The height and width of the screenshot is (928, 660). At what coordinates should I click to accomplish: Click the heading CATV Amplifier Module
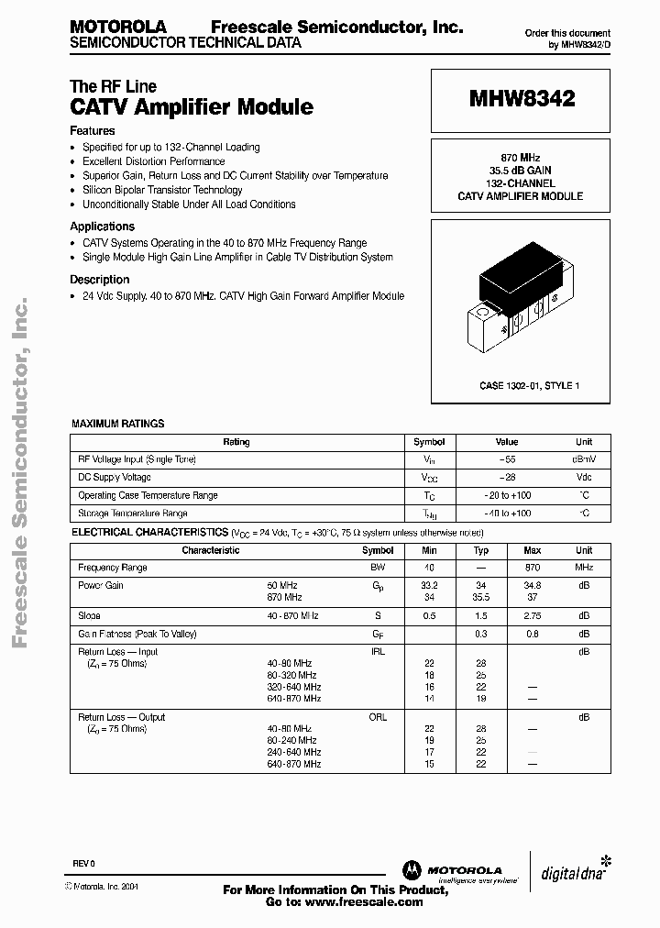192,107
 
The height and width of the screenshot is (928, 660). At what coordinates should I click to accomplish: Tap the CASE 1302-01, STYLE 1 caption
529,386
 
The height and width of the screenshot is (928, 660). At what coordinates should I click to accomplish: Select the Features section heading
93,131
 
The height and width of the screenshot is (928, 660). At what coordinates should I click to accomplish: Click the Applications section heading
102,226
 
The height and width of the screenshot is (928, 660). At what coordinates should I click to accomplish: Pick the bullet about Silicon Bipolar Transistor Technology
162,190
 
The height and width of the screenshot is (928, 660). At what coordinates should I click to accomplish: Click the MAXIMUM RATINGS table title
118,424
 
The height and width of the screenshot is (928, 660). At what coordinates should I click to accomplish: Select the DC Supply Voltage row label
115,478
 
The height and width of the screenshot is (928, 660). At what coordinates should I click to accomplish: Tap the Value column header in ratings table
506,442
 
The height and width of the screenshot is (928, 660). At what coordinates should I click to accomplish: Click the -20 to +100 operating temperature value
507,495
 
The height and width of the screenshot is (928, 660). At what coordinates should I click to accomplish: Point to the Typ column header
480,550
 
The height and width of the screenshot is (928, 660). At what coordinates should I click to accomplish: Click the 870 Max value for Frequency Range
532,568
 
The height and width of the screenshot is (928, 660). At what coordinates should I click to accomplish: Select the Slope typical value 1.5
480,616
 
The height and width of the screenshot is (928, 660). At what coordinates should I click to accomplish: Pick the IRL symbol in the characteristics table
378,651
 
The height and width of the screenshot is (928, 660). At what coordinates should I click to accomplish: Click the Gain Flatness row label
137,634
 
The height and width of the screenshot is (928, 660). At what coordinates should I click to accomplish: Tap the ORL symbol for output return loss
378,717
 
